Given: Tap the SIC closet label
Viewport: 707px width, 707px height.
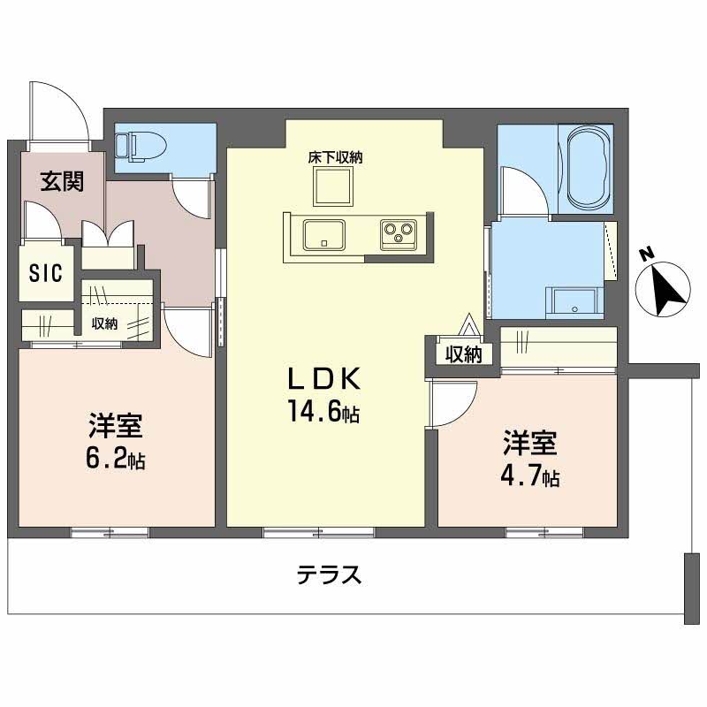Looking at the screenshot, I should (45, 273).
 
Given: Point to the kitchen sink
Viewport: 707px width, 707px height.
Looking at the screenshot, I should (324, 235).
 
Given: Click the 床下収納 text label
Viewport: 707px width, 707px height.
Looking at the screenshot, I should (335, 157).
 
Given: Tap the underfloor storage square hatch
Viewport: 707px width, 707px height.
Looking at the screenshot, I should (334, 186).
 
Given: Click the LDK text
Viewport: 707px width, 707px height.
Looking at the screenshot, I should (322, 379).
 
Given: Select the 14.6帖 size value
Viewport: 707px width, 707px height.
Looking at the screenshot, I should (322, 411).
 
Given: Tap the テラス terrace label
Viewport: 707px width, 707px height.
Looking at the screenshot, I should (329, 575).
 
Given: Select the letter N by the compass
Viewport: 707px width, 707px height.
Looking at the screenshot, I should (647, 255).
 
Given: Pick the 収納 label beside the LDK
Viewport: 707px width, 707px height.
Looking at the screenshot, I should (462, 354).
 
